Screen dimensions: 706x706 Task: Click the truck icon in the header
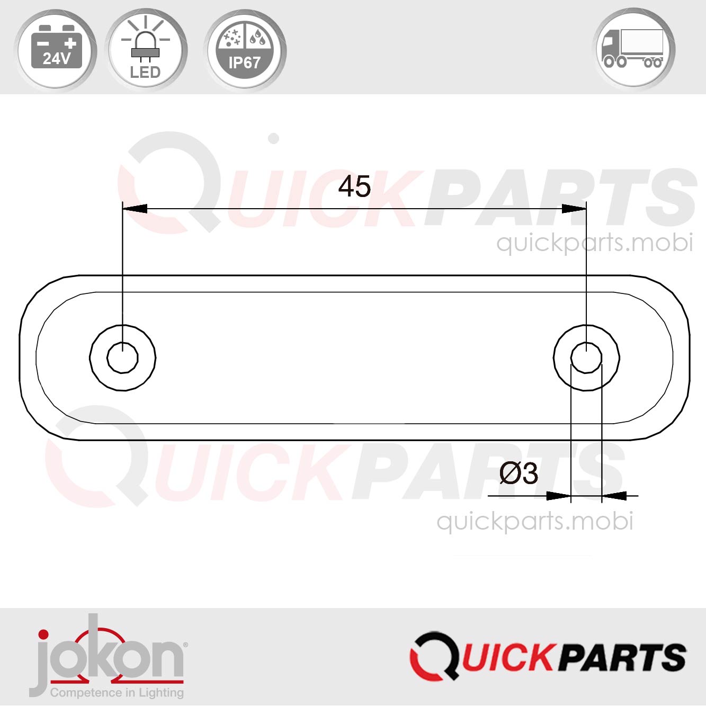pyautogui.click(x=633, y=49)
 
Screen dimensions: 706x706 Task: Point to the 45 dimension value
pyautogui.click(x=354, y=186)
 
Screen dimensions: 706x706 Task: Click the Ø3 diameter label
pyautogui.click(x=518, y=473)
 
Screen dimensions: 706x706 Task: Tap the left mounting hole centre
pyautogui.click(x=122, y=358)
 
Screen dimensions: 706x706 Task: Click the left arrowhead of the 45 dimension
pyautogui.click(x=135, y=209)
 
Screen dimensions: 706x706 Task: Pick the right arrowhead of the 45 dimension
pyautogui.click(x=574, y=209)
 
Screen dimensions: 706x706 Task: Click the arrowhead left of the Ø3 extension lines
pyautogui.click(x=558, y=496)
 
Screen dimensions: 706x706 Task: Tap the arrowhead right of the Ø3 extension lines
pyautogui.click(x=614, y=496)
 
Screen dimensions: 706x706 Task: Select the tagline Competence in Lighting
pyautogui.click(x=117, y=693)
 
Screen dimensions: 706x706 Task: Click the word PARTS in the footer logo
pyautogui.click(x=622, y=657)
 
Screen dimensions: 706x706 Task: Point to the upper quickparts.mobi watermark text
pyautogui.click(x=594, y=243)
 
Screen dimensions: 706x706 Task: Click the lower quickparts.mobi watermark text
pyautogui.click(x=534, y=521)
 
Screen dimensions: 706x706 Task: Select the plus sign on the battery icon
pyautogui.click(x=70, y=43)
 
